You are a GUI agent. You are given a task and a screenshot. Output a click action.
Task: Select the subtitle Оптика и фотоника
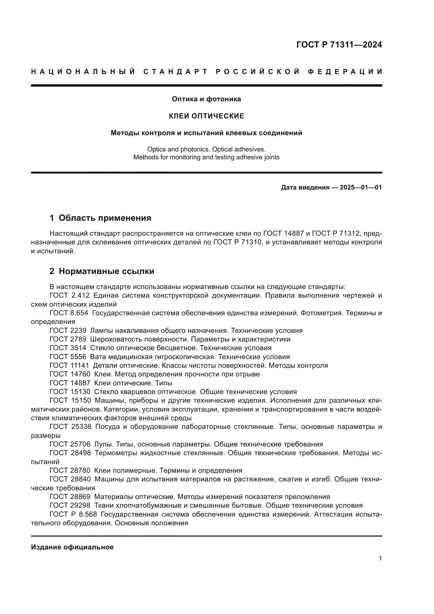(x=206, y=99)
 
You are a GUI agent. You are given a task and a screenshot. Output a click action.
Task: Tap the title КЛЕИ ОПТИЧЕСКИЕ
(x=206, y=116)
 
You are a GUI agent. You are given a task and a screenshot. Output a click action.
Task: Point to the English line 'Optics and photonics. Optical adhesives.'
(x=206, y=149)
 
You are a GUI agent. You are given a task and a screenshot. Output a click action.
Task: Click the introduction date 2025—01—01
(x=361, y=187)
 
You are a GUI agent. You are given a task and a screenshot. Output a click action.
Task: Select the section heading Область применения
(x=105, y=218)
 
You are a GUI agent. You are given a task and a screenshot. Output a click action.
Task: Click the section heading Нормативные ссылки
(x=106, y=271)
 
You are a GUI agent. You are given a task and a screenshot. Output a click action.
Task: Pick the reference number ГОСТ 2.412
(x=69, y=296)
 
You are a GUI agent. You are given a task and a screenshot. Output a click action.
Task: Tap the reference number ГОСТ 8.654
(x=69, y=313)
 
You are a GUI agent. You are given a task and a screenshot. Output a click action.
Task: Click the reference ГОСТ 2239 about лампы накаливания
(x=68, y=330)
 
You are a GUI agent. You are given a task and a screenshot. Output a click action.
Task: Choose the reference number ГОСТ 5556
(x=68, y=357)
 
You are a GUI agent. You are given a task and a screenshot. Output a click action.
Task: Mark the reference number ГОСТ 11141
(x=69, y=365)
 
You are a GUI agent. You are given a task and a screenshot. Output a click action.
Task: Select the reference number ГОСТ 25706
(x=70, y=444)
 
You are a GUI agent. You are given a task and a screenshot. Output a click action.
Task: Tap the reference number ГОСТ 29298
(x=70, y=505)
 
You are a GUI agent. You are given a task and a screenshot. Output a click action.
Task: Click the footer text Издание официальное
(x=72, y=547)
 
